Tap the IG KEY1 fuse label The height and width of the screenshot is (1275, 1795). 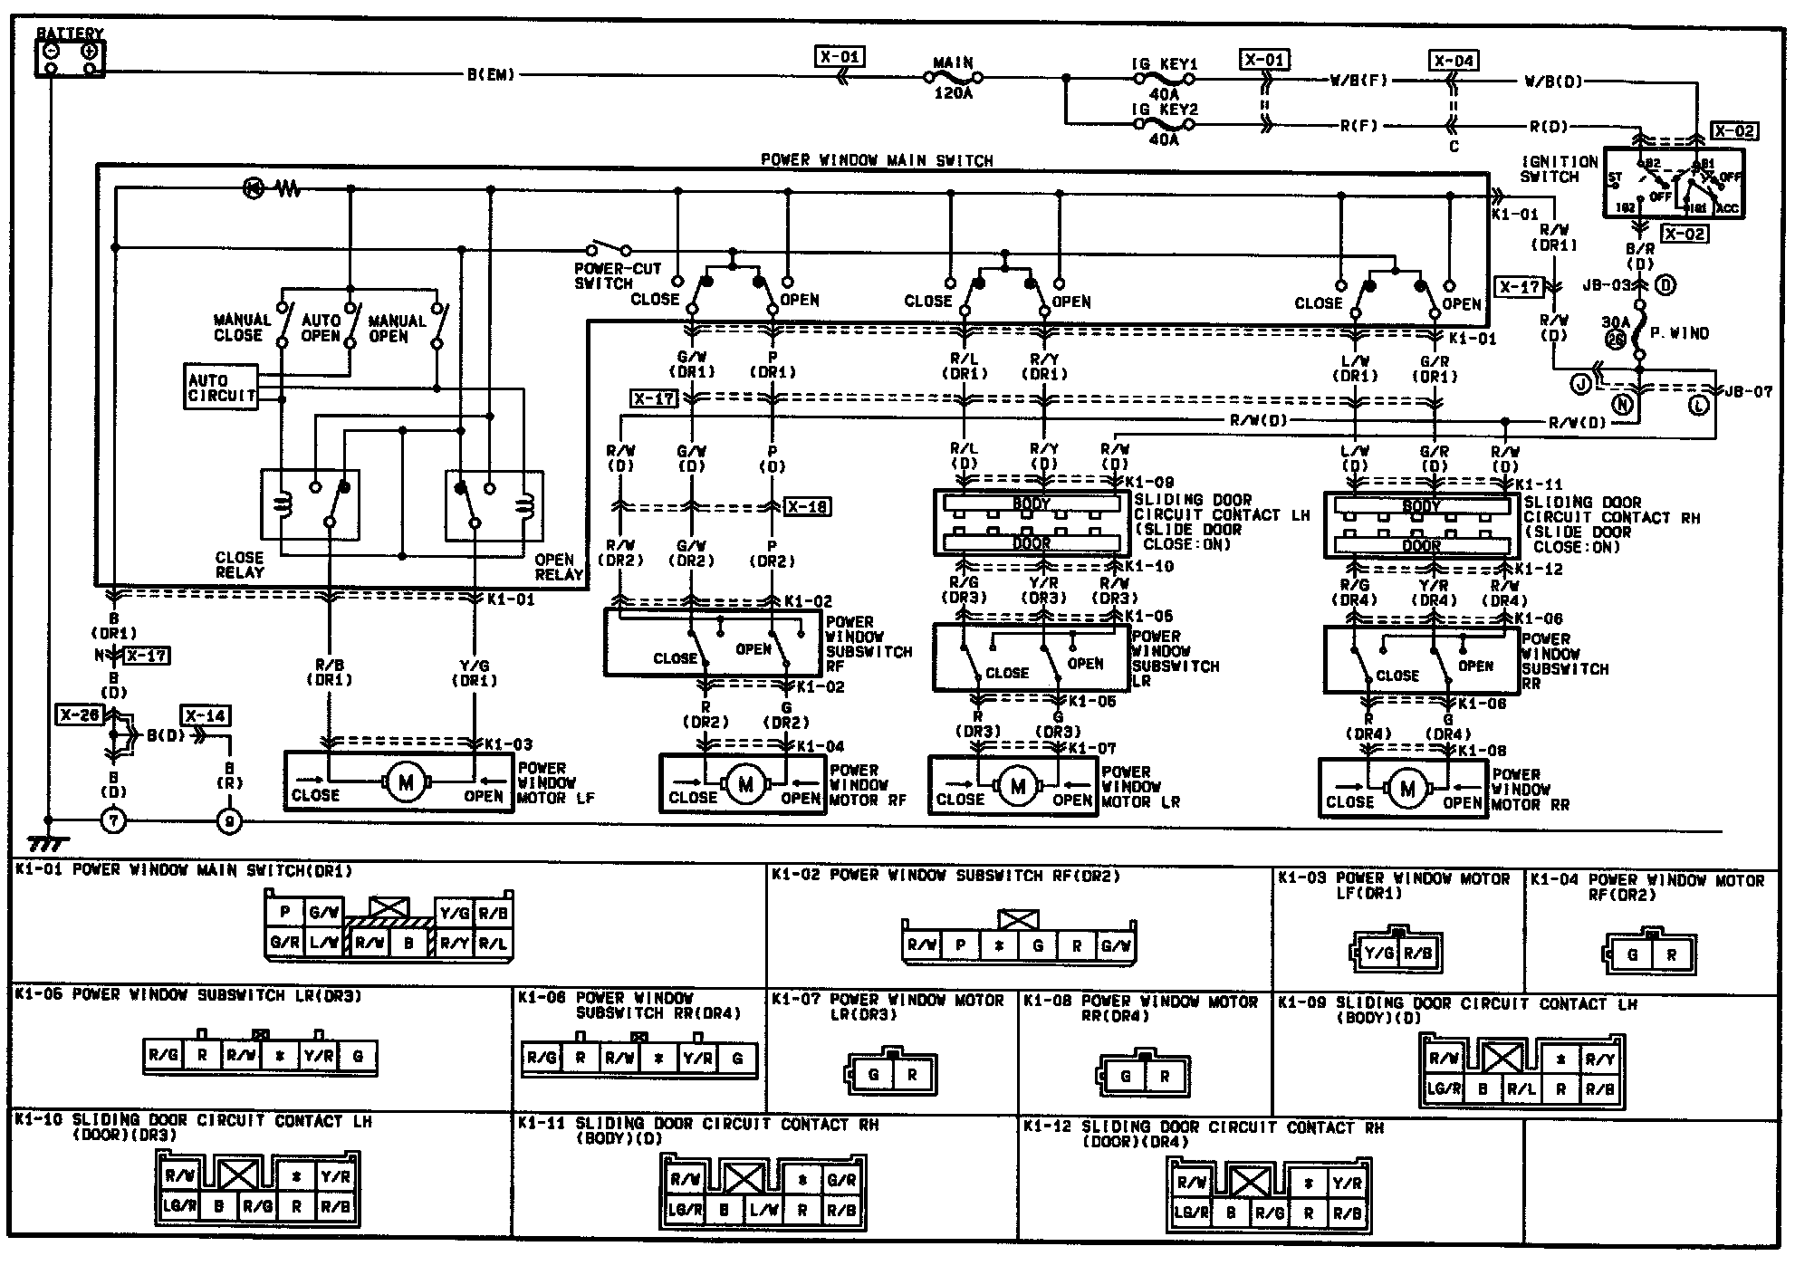coord(1164,65)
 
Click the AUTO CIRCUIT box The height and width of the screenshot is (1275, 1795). coord(222,388)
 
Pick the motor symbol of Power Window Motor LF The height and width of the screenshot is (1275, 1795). coord(405,782)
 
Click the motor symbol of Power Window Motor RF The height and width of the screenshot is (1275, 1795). coord(745,784)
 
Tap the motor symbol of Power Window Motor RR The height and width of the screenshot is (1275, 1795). coord(1406,789)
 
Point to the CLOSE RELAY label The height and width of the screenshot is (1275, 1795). coord(240,564)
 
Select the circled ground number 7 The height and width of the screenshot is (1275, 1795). coord(113,821)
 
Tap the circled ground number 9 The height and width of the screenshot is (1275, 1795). coord(230,821)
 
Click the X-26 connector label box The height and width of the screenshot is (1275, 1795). coord(80,715)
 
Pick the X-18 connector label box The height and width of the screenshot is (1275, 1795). coord(806,507)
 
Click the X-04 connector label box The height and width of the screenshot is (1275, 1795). coord(1454,61)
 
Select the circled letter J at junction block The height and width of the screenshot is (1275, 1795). coord(1581,385)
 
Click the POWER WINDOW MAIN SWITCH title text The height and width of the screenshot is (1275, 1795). coord(877,160)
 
